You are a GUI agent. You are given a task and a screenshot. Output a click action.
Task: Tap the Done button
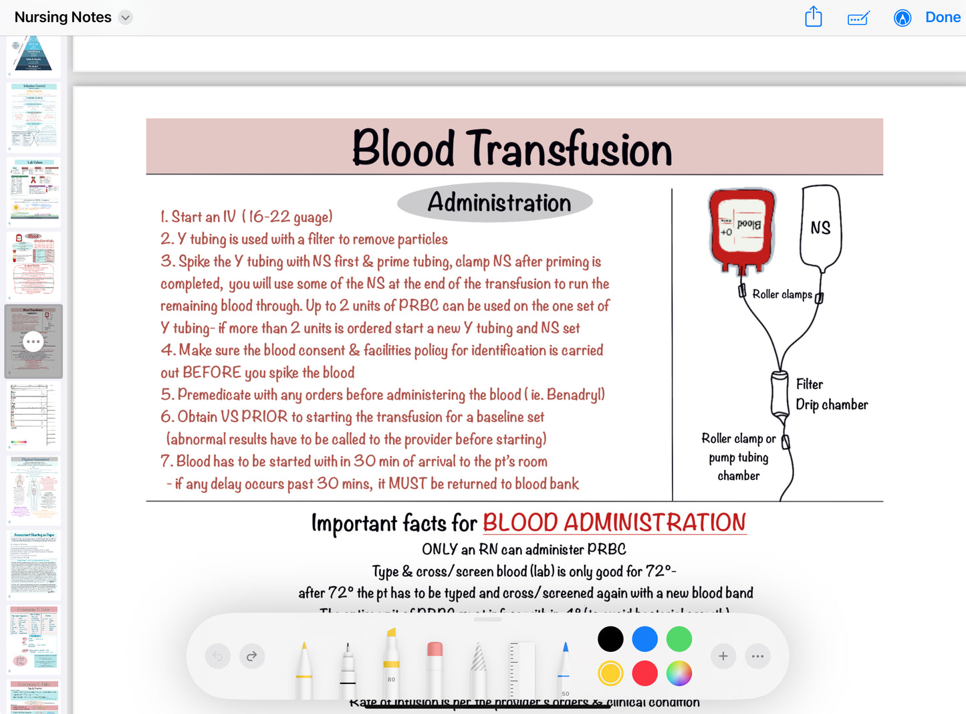pos(943,17)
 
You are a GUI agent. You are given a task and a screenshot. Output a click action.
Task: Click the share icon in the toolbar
pos(813,17)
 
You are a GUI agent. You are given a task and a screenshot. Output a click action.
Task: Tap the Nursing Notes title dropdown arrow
pos(125,17)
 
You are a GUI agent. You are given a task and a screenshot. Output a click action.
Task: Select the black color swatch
pos(610,639)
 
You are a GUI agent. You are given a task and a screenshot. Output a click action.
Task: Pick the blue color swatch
pos(644,639)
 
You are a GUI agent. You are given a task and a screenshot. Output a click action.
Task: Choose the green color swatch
pos(679,639)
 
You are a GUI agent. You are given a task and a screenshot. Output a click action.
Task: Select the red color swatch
pos(644,673)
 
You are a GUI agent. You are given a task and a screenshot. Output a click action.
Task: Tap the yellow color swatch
pos(610,673)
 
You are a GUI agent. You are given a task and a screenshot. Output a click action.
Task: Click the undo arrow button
pos(218,657)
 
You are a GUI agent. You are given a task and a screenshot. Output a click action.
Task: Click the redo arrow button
pos(251,657)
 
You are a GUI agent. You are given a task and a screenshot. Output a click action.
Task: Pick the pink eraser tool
pos(435,665)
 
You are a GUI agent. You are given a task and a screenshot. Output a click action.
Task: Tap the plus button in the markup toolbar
pos(723,657)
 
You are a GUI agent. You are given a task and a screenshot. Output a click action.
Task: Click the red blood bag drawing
pos(741,229)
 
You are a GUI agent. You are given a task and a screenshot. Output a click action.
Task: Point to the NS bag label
pos(820,228)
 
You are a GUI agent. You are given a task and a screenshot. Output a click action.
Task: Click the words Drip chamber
pos(832,404)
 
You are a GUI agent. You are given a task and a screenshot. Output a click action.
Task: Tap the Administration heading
pos(499,203)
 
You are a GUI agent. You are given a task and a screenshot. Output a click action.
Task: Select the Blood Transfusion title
pos(512,148)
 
